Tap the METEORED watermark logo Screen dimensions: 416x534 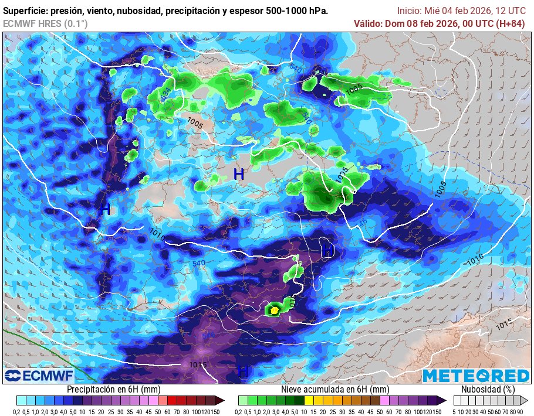[476, 376]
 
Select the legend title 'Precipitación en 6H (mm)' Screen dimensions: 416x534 [113, 389]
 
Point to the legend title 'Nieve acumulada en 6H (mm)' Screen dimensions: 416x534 [335, 389]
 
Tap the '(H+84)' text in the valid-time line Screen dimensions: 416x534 [509, 23]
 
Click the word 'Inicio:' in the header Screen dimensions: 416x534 [410, 11]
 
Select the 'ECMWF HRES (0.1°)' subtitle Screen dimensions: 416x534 [45, 23]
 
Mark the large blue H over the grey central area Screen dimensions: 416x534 [239, 174]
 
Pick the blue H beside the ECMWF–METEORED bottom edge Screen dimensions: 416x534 [242, 371]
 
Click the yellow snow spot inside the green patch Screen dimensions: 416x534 [274, 309]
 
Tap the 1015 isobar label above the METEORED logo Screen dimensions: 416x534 [504, 323]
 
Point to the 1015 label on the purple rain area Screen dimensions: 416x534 [198, 365]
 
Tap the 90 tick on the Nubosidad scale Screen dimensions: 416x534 [521, 412]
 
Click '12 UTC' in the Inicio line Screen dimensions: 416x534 [511, 11]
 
